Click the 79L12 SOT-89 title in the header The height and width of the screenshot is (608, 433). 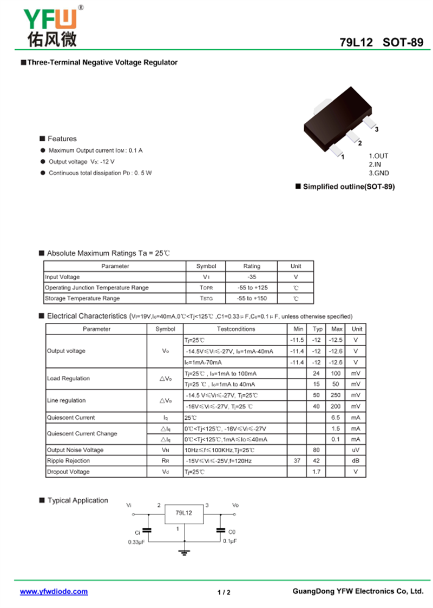point(382,42)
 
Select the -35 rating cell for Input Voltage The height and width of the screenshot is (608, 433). point(252,277)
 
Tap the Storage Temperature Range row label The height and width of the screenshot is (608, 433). point(82,299)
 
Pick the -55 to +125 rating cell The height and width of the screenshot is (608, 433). point(252,288)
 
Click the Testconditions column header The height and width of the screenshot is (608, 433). point(235,329)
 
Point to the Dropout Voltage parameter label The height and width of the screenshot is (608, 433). point(68,472)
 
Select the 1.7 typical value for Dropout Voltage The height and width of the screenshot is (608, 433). point(317,472)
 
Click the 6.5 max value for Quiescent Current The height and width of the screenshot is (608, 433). point(336,418)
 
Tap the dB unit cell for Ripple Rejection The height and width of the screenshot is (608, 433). point(356,461)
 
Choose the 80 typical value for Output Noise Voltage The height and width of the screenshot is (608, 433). point(317,450)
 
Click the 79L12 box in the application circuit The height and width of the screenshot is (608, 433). point(184,513)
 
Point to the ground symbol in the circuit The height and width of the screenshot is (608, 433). point(184,552)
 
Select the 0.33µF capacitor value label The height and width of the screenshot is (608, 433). point(135,541)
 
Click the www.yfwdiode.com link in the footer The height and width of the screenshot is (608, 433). point(54,592)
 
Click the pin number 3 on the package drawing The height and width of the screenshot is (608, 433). point(376,130)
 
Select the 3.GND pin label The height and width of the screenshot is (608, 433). point(379,173)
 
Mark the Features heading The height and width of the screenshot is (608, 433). point(62,139)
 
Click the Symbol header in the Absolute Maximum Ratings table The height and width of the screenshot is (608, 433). point(206,266)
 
